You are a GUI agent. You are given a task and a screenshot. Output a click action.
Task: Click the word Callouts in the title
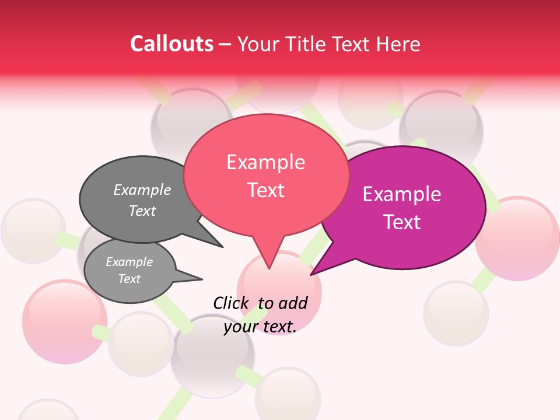point(171,44)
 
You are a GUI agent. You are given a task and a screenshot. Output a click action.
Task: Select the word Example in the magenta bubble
point(402,194)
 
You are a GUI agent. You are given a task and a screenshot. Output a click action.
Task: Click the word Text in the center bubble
point(266,190)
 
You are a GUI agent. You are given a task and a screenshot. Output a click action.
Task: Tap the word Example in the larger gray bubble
point(142,190)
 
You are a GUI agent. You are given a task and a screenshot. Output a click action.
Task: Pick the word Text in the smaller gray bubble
point(129,279)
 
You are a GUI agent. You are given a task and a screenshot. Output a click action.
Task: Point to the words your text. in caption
point(260,327)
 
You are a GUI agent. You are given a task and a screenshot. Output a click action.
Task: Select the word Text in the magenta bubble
point(402,222)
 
